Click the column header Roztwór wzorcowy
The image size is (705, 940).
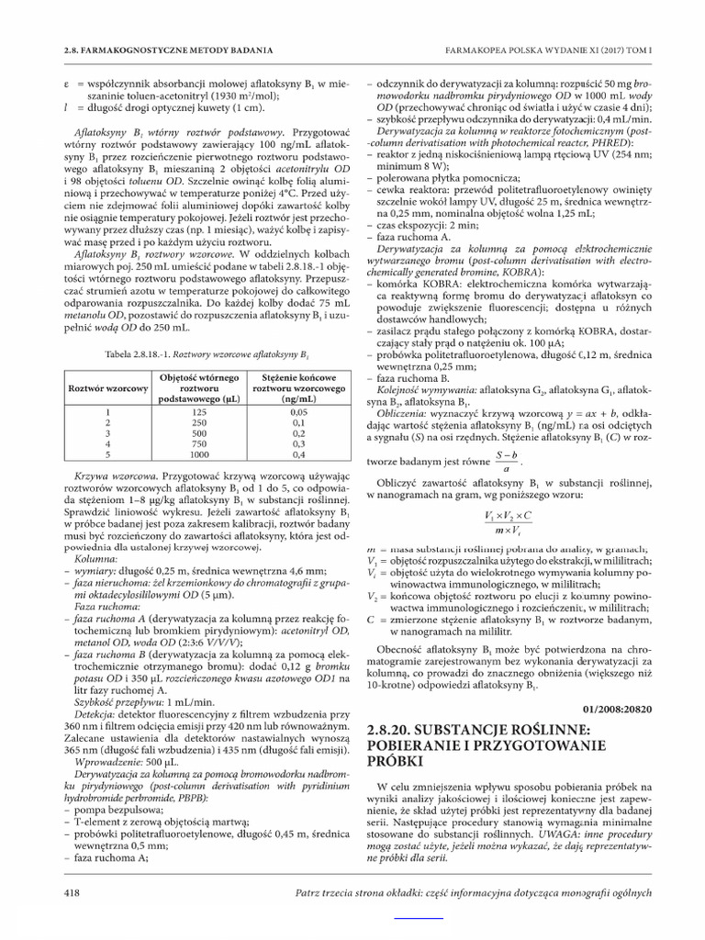pos(108,388)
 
